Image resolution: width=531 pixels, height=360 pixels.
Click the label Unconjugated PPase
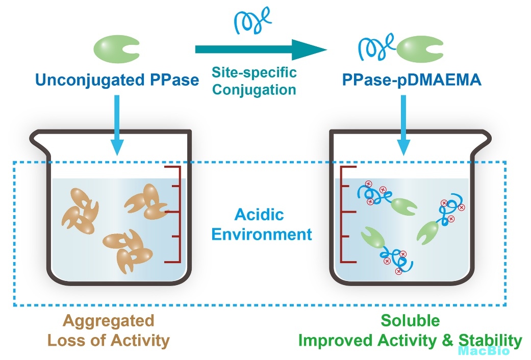[x=117, y=80]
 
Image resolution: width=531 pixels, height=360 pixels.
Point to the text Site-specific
[x=254, y=72]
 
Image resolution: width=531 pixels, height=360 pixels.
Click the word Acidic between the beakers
[x=259, y=215]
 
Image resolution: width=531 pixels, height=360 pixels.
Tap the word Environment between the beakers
[x=261, y=235]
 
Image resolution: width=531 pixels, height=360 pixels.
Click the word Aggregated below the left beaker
[x=108, y=321]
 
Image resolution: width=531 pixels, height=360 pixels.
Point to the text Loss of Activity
[x=108, y=340]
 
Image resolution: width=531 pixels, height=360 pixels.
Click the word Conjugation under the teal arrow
[x=254, y=90]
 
